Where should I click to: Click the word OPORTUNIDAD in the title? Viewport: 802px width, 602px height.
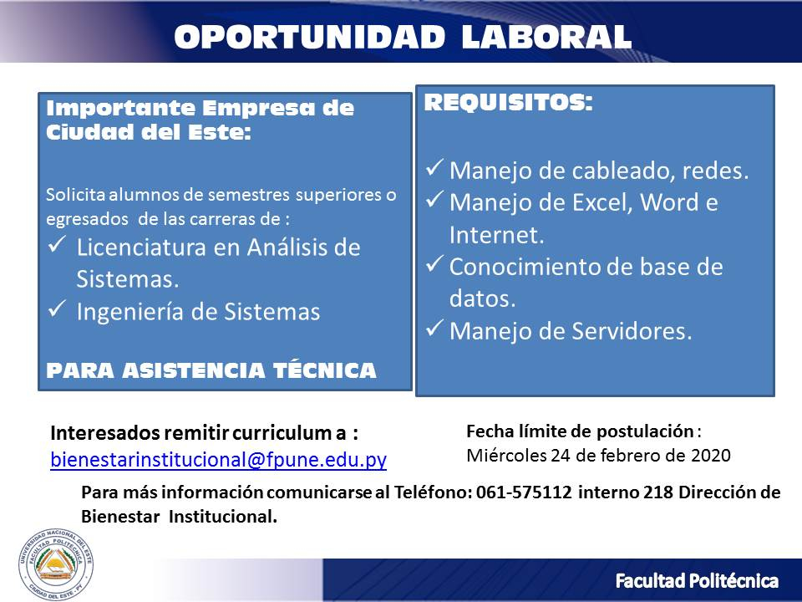pyautogui.click(x=309, y=37)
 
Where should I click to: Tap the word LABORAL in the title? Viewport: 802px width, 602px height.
pyautogui.click(x=546, y=37)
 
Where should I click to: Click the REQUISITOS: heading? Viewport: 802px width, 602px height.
pyautogui.click(x=509, y=102)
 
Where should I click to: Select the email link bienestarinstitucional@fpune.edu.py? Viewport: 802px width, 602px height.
pyautogui.click(x=218, y=459)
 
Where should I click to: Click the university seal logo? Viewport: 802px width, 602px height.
pyautogui.click(x=56, y=564)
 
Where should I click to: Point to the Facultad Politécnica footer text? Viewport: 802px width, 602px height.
pyautogui.click(x=697, y=581)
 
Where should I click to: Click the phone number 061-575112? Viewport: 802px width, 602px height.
pyautogui.click(x=524, y=492)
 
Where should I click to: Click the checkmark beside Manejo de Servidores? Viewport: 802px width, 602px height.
pyautogui.click(x=434, y=328)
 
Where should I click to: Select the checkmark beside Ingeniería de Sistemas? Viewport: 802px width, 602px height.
pyautogui.click(x=57, y=309)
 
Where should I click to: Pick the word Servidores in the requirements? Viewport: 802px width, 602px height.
pyautogui.click(x=632, y=331)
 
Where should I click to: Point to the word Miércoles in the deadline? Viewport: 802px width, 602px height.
pyautogui.click(x=506, y=455)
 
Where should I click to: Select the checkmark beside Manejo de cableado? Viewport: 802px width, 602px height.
pyautogui.click(x=434, y=167)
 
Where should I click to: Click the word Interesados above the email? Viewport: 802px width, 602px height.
pyautogui.click(x=105, y=433)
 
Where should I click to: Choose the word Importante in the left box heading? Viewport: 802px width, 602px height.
pyautogui.click(x=120, y=109)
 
